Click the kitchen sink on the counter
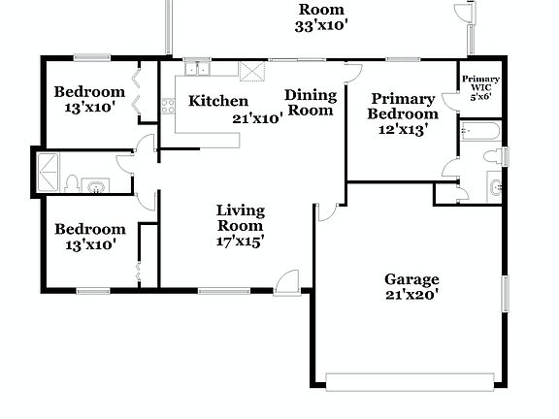pyautogui.click(x=198, y=68)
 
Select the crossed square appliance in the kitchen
pyautogui.click(x=252, y=70)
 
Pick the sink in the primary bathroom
pyautogui.click(x=495, y=186)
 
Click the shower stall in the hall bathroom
pyautogui.click(x=49, y=172)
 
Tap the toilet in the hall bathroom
pyautogui.click(x=73, y=183)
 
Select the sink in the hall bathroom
pyautogui.click(x=95, y=184)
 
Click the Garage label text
pyautogui.click(x=411, y=279)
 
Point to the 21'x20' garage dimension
pyautogui.click(x=411, y=296)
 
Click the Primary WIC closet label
pyautogui.click(x=479, y=83)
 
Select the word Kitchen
pyautogui.click(x=217, y=101)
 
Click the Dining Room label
pyautogui.click(x=311, y=103)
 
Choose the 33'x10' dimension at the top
pyautogui.click(x=321, y=26)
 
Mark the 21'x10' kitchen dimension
pyautogui.click(x=257, y=118)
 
